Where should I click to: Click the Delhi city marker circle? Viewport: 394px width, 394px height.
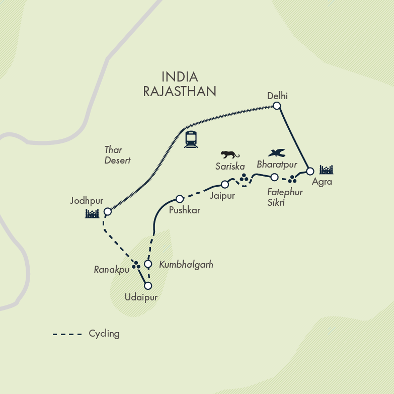click(x=276, y=106)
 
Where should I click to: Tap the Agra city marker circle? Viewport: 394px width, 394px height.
click(x=310, y=171)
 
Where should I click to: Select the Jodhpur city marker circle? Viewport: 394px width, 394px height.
click(x=107, y=212)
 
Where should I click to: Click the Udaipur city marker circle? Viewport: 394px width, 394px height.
click(x=147, y=285)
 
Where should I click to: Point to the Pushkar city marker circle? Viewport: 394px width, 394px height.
click(x=179, y=199)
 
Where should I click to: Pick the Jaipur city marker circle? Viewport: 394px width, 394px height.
click(x=225, y=185)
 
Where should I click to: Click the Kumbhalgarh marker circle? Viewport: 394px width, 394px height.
click(x=148, y=264)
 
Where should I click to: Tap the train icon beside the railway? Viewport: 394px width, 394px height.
click(x=191, y=139)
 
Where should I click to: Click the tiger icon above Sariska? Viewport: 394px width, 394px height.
click(x=230, y=154)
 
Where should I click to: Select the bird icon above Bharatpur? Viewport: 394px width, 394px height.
click(x=277, y=152)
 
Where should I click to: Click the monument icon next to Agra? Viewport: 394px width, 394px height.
click(x=327, y=170)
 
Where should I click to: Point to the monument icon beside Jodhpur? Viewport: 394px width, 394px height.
click(x=92, y=214)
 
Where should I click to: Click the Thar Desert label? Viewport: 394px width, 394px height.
click(x=117, y=155)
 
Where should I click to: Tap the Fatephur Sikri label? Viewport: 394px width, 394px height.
click(x=285, y=196)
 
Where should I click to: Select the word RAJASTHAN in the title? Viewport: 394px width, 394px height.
click(x=180, y=91)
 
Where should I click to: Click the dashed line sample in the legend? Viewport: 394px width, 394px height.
click(x=67, y=334)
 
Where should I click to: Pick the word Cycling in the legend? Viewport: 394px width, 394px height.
click(x=104, y=334)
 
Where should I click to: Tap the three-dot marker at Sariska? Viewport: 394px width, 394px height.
click(x=244, y=177)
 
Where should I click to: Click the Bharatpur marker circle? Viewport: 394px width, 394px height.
click(x=274, y=177)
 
